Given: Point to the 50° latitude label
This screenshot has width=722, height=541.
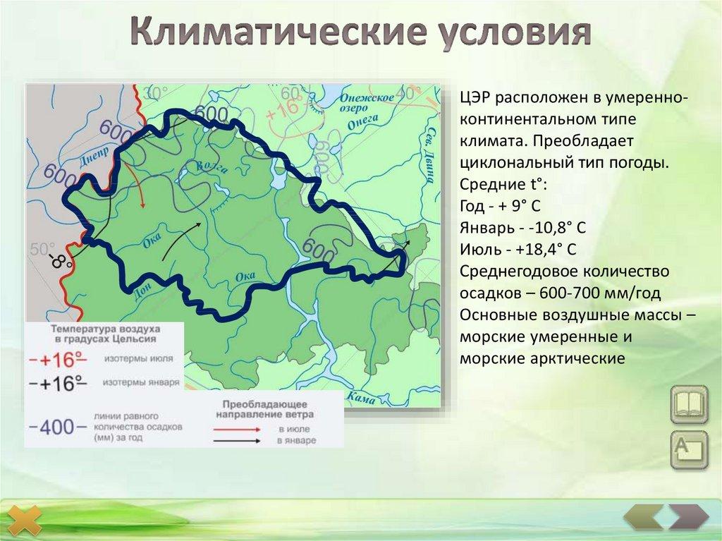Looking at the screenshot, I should coord(42,249).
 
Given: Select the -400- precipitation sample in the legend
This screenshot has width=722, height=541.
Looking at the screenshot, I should coord(57,427).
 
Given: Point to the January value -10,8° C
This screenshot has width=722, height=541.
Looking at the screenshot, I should coord(548,229).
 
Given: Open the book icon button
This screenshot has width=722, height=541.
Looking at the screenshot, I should coord(688,405).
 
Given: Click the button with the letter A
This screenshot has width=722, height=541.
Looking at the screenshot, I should coord(688,449).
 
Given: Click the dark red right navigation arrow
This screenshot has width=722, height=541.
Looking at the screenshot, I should coord(688,518).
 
